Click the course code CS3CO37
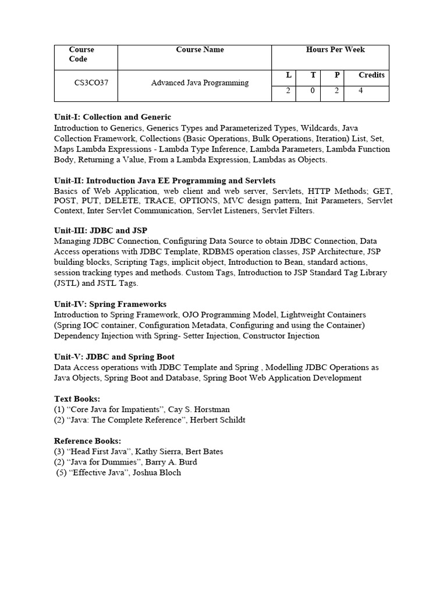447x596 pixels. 91,83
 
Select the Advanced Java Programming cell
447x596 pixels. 200,83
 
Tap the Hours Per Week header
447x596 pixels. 335,50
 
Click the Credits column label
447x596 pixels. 371,75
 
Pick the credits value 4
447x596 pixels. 361,91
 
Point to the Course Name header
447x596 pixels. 200,50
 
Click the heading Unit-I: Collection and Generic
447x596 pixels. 113,117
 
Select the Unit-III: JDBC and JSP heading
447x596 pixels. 101,230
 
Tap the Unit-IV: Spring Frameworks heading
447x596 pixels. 110,304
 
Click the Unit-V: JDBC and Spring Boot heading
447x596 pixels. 114,357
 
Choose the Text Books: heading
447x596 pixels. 77,399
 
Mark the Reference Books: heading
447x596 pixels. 87,441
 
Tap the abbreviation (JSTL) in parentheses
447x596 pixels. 67,283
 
